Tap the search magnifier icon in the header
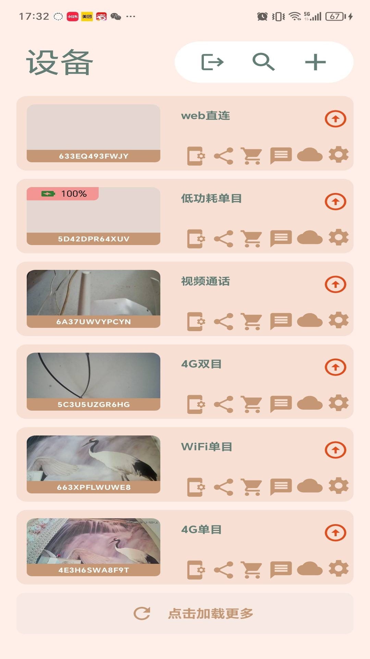263,62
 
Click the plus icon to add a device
315,62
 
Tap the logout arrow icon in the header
212,62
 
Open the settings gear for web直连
338,155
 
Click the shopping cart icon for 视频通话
251,321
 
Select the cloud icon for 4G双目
310,403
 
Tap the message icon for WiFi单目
281,486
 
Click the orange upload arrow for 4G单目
335,533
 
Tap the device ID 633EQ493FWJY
94,156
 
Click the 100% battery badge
63,194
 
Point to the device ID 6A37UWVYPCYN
94,322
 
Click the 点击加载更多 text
210,613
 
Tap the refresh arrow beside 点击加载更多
142,613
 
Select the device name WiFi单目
207,447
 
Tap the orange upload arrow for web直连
335,119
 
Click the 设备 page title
60,62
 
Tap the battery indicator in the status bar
335,16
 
